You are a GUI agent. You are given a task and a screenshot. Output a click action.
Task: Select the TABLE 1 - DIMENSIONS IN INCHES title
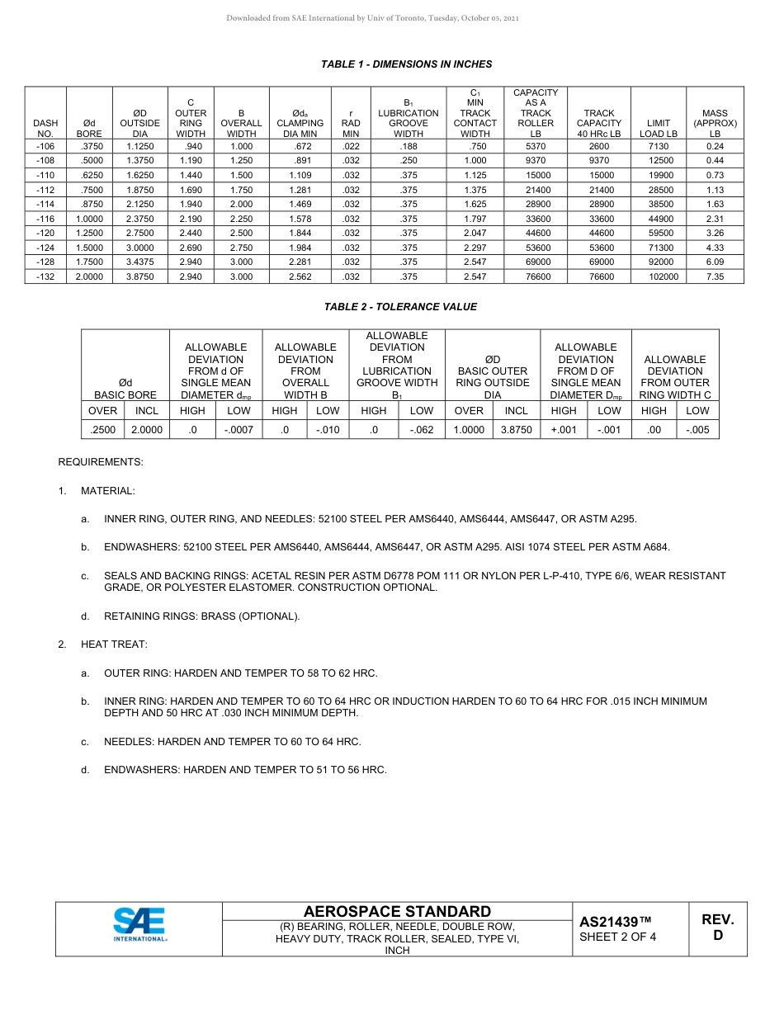(406, 64)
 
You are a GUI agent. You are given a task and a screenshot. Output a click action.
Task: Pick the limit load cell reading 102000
(659, 277)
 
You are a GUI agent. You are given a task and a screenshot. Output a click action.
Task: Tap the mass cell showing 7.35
(715, 277)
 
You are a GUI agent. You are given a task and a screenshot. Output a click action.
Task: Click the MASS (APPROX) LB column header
(715, 123)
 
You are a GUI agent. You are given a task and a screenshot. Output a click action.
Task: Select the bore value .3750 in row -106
(89, 146)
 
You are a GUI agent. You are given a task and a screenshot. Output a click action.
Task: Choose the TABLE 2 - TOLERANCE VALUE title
(400, 307)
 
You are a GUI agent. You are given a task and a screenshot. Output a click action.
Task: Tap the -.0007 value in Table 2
(239, 430)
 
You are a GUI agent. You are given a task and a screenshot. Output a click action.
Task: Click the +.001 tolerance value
(564, 430)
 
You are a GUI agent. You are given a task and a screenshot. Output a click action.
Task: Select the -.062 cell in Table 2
(421, 430)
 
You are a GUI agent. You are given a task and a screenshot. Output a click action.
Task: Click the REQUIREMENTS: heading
(100, 462)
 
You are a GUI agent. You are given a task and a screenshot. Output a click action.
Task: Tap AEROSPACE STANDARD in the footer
(397, 911)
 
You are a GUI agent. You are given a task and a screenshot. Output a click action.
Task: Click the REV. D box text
(717, 927)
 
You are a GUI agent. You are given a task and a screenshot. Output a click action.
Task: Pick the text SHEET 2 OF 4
(617, 937)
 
